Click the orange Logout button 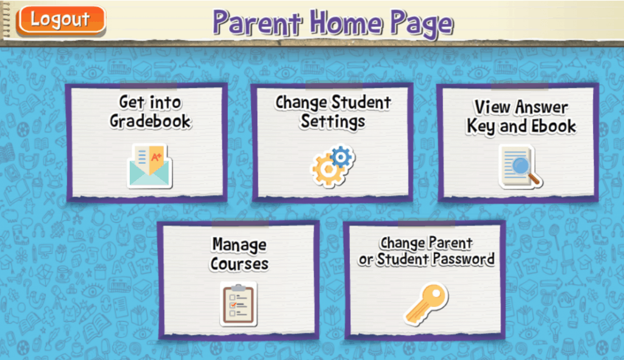tap(61, 20)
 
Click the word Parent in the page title tap(257, 23)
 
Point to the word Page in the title tap(422, 24)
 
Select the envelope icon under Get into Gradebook tap(150, 166)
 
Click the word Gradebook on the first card tap(151, 122)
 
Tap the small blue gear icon tap(341, 157)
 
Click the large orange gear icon tap(328, 171)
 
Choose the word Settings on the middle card tap(333, 122)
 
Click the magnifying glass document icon tap(520, 167)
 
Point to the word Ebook tap(553, 127)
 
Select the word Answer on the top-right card tap(542, 107)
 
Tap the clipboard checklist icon tap(238, 305)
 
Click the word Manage tap(239, 245)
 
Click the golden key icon tap(426, 304)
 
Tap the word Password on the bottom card tap(464, 259)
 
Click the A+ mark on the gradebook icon tap(156, 157)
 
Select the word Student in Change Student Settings tap(361, 102)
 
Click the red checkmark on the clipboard tap(233, 305)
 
